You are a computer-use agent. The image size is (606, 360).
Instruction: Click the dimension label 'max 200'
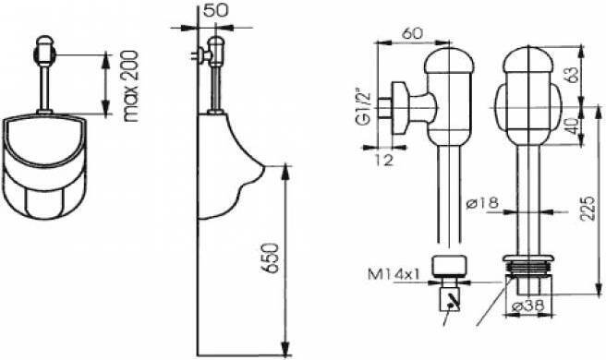click(132, 86)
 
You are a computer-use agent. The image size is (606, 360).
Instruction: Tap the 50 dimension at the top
click(215, 10)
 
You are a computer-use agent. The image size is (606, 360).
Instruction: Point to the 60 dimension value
click(412, 33)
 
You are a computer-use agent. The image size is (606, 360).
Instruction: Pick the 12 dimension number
click(383, 159)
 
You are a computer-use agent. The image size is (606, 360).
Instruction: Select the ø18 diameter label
click(482, 202)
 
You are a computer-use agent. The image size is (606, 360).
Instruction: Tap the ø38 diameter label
click(527, 306)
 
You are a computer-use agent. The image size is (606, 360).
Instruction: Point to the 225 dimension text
click(588, 209)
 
